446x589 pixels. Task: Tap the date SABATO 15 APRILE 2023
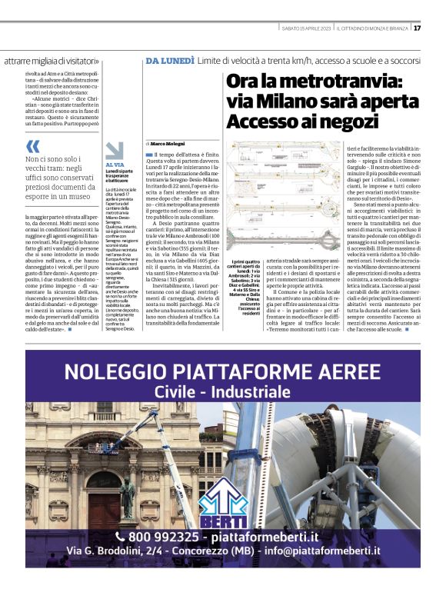pyautogui.click(x=307, y=29)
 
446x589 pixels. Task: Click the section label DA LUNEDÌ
pyautogui.click(x=168, y=61)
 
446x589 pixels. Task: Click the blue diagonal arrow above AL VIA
pyautogui.click(x=115, y=150)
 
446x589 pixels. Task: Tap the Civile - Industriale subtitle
pyautogui.click(x=222, y=393)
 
